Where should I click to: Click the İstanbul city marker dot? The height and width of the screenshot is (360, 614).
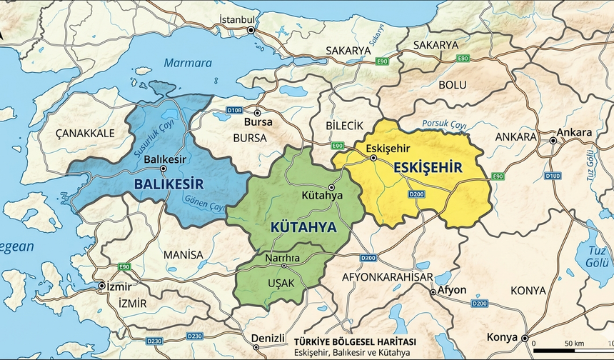[x=251, y=31]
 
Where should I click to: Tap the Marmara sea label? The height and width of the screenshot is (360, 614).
[x=188, y=63]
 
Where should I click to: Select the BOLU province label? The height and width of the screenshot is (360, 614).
[x=452, y=85]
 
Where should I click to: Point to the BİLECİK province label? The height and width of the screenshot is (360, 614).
[x=344, y=125]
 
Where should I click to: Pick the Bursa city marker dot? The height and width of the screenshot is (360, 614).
[x=257, y=113]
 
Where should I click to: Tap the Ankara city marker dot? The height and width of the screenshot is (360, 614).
[x=553, y=141]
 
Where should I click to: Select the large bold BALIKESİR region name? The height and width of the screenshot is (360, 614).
[x=168, y=184]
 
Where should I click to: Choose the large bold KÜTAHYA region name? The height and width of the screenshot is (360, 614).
[x=303, y=227]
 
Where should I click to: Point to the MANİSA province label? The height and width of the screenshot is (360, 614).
[x=183, y=254]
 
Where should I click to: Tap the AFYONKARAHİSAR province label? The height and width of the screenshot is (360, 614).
[x=388, y=276]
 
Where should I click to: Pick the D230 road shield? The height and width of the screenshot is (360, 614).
[x=194, y=336]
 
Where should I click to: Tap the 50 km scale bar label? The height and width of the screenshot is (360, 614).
[x=574, y=344]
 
